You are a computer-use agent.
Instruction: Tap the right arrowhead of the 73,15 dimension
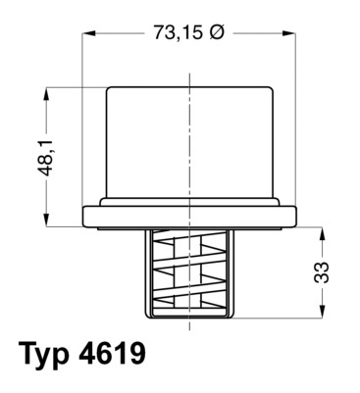pyautogui.click(x=293, y=32)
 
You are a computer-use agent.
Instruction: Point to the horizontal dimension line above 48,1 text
pyautogui.click(x=69, y=87)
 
